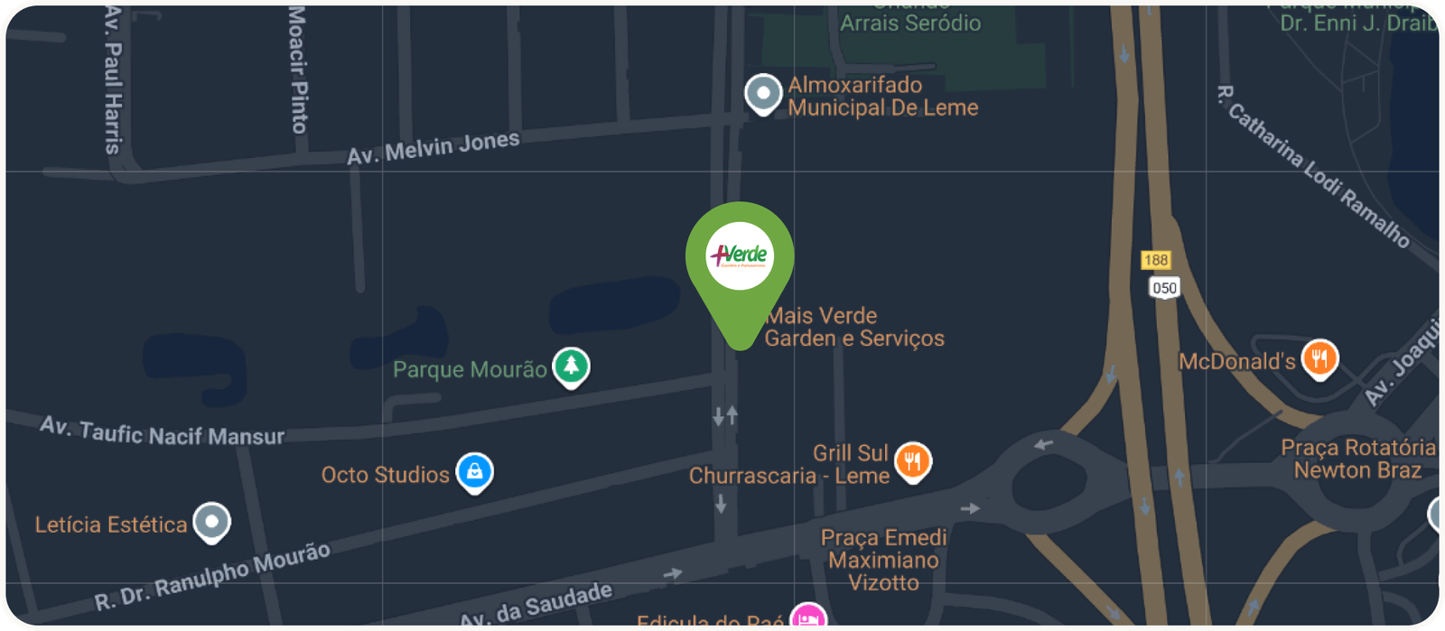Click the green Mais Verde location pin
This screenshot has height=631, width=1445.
pyautogui.click(x=740, y=262)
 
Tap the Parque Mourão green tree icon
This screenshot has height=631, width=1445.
pyautogui.click(x=571, y=366)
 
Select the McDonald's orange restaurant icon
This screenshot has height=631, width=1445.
pyautogui.click(x=1319, y=358)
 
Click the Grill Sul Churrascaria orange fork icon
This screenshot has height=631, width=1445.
pyautogui.click(x=913, y=461)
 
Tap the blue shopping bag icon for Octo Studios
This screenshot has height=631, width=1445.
pyautogui.click(x=474, y=471)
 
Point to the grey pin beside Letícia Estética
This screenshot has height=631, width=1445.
pyautogui.click(x=212, y=521)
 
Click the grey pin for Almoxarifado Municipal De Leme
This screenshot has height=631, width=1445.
pyautogui.click(x=763, y=93)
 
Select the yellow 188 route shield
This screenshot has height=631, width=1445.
pyautogui.click(x=1156, y=260)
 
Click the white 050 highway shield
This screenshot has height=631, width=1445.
pyautogui.click(x=1164, y=288)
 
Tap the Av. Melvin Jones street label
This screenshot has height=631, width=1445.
pyautogui.click(x=433, y=148)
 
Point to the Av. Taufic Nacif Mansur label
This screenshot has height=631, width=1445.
pyautogui.click(x=163, y=431)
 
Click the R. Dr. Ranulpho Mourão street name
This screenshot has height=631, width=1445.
pyautogui.click(x=213, y=577)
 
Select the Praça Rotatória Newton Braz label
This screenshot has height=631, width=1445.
pyautogui.click(x=1357, y=459)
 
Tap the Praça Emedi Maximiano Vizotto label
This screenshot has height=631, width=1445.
pyautogui.click(x=883, y=560)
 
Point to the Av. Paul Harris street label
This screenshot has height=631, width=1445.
pyautogui.click(x=112, y=79)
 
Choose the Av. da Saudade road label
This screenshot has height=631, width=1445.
pyautogui.click(x=536, y=605)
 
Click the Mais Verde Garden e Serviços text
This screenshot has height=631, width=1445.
pyautogui.click(x=853, y=327)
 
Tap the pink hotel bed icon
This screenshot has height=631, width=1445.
pyautogui.click(x=807, y=618)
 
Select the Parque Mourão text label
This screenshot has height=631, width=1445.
pyautogui.click(x=470, y=369)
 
